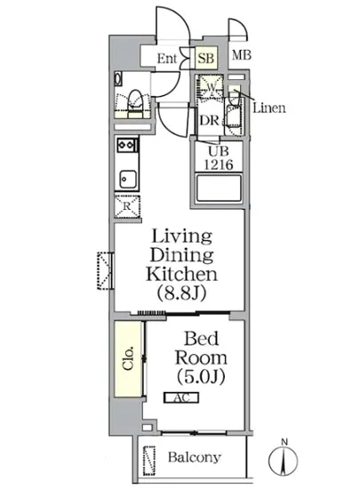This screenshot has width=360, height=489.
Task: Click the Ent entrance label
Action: point(167,59)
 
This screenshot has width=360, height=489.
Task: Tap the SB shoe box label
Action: point(206,58)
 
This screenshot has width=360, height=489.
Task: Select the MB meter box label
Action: point(242,55)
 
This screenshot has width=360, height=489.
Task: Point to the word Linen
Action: point(269,108)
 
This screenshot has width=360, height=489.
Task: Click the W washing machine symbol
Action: point(211,87)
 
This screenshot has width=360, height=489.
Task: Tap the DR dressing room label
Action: point(209,120)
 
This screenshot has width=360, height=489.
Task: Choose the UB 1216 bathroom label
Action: point(219,158)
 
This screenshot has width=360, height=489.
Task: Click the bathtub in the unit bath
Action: point(219,188)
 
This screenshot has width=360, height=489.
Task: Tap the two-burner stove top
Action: point(126,145)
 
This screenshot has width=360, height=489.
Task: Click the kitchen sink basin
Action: point(128,179)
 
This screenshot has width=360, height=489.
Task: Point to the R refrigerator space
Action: point(127,206)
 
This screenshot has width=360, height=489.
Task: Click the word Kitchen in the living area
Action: point(181,274)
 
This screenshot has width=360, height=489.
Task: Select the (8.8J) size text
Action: point(181,293)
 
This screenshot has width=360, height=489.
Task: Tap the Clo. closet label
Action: point(128,357)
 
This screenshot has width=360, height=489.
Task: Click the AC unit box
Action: point(181,397)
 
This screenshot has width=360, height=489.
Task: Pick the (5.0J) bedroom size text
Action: point(201,377)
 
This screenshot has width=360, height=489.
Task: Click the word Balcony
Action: point(194,457)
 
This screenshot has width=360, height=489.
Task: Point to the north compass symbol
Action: point(283,460)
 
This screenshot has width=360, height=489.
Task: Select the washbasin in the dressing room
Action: point(233,116)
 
